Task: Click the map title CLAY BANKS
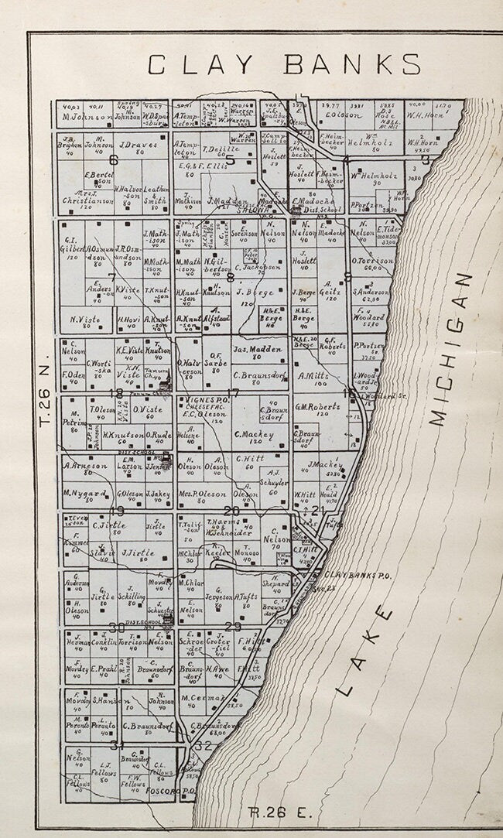284,64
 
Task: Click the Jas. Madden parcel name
259,350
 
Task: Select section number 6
114,161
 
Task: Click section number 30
117,627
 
